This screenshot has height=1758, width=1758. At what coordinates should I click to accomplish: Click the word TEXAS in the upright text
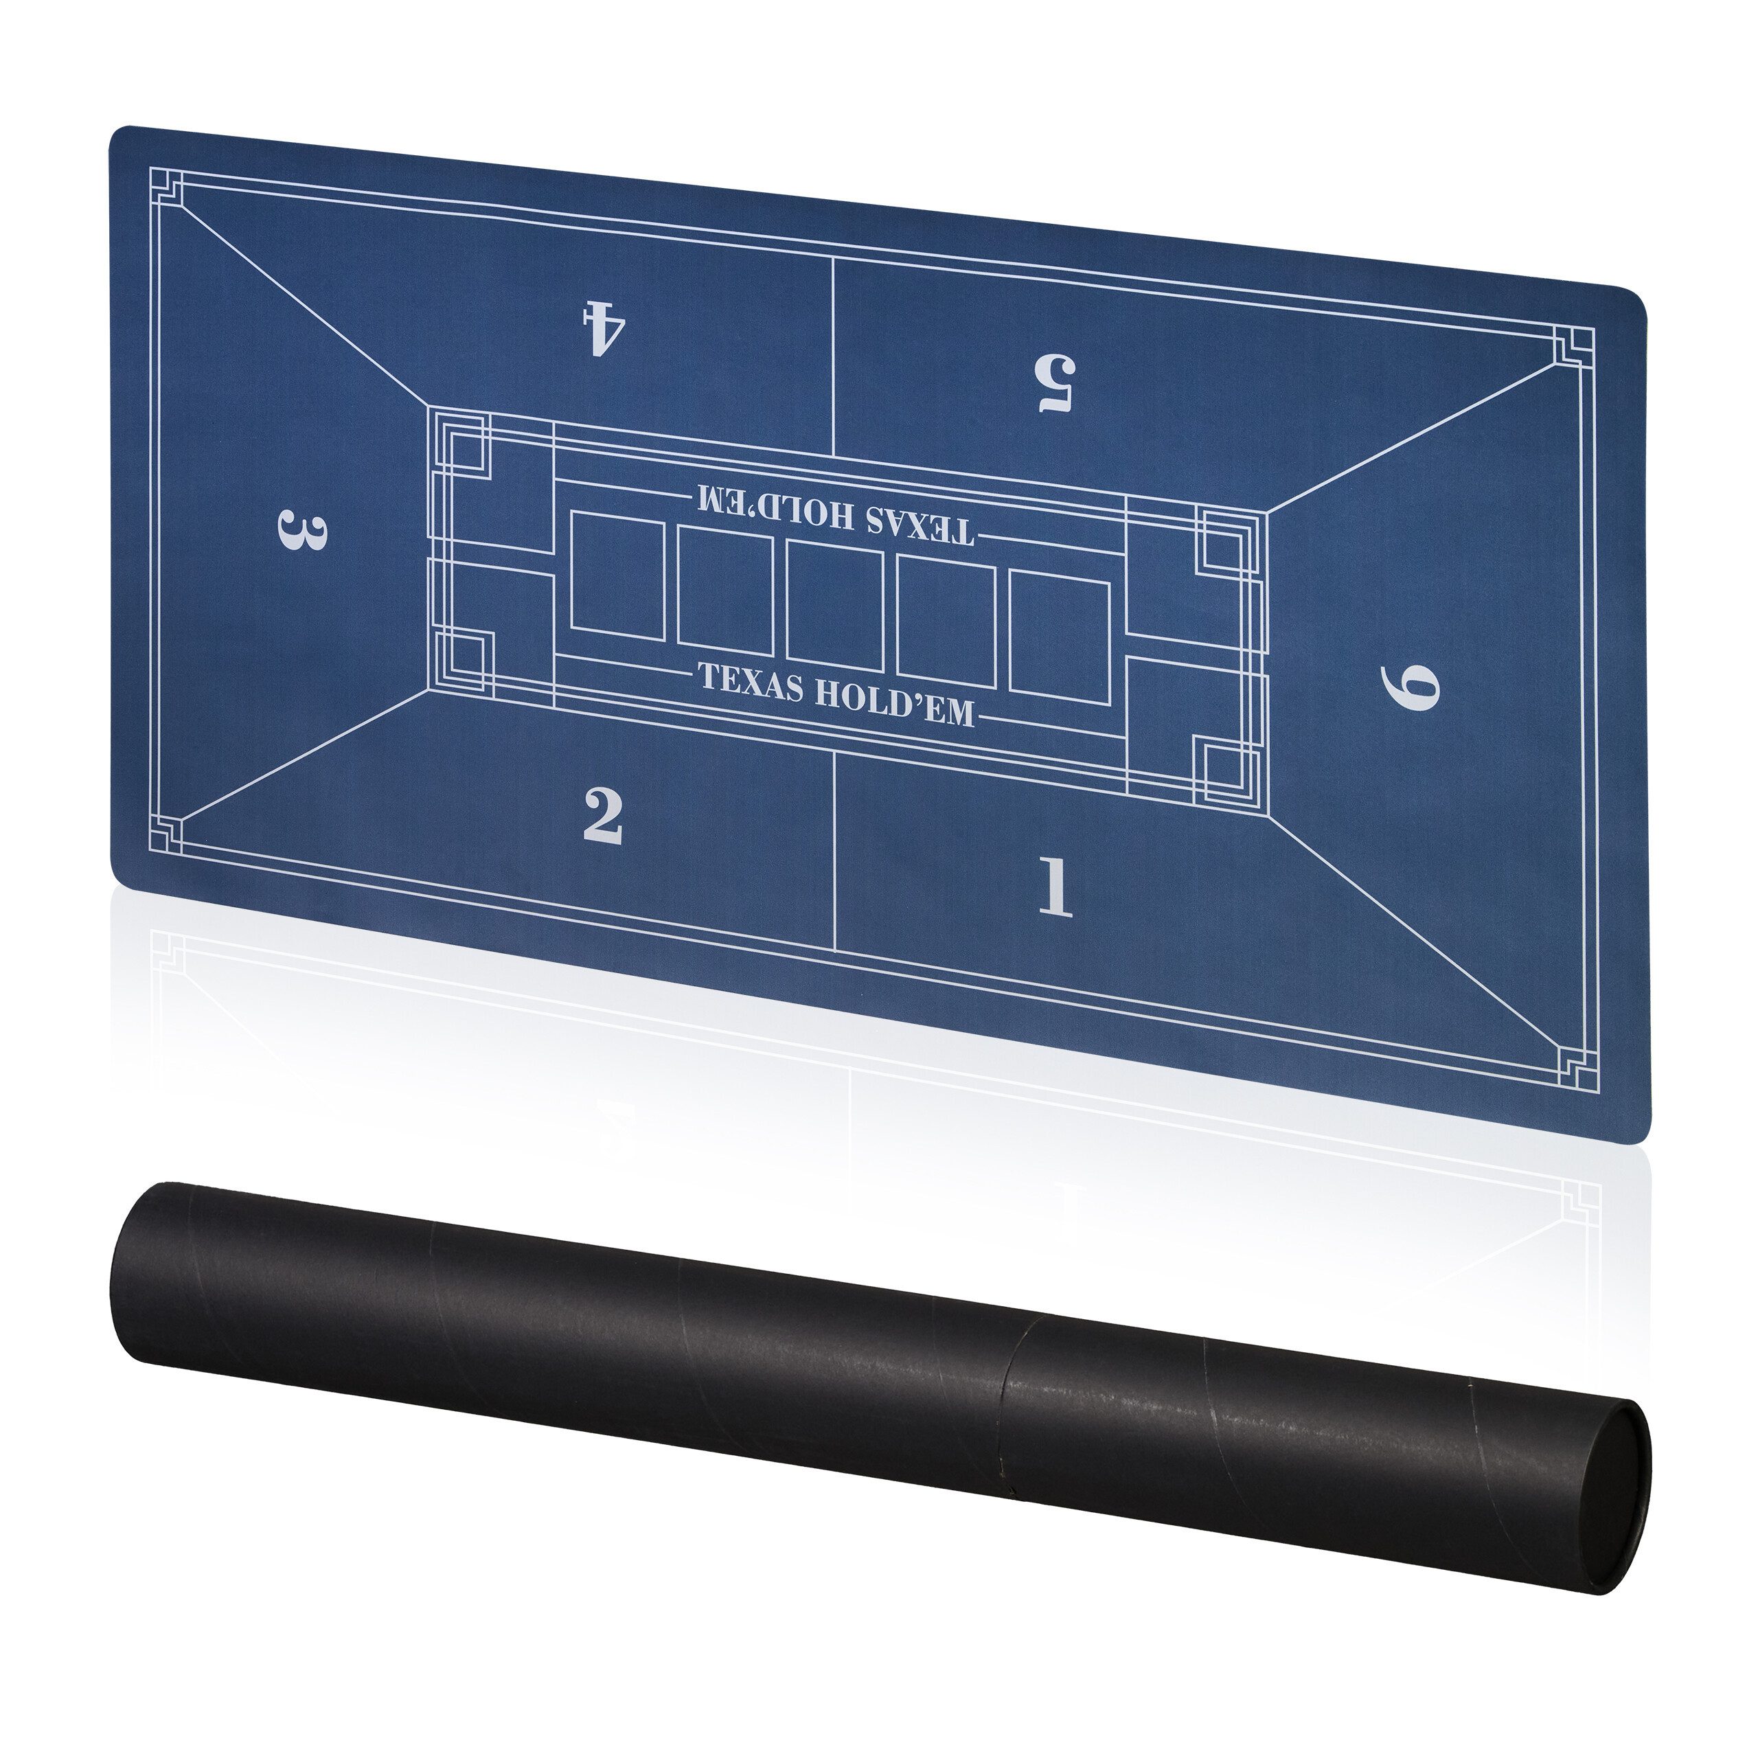tap(751, 683)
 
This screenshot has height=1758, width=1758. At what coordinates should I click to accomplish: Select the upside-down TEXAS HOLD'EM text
tap(834, 515)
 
